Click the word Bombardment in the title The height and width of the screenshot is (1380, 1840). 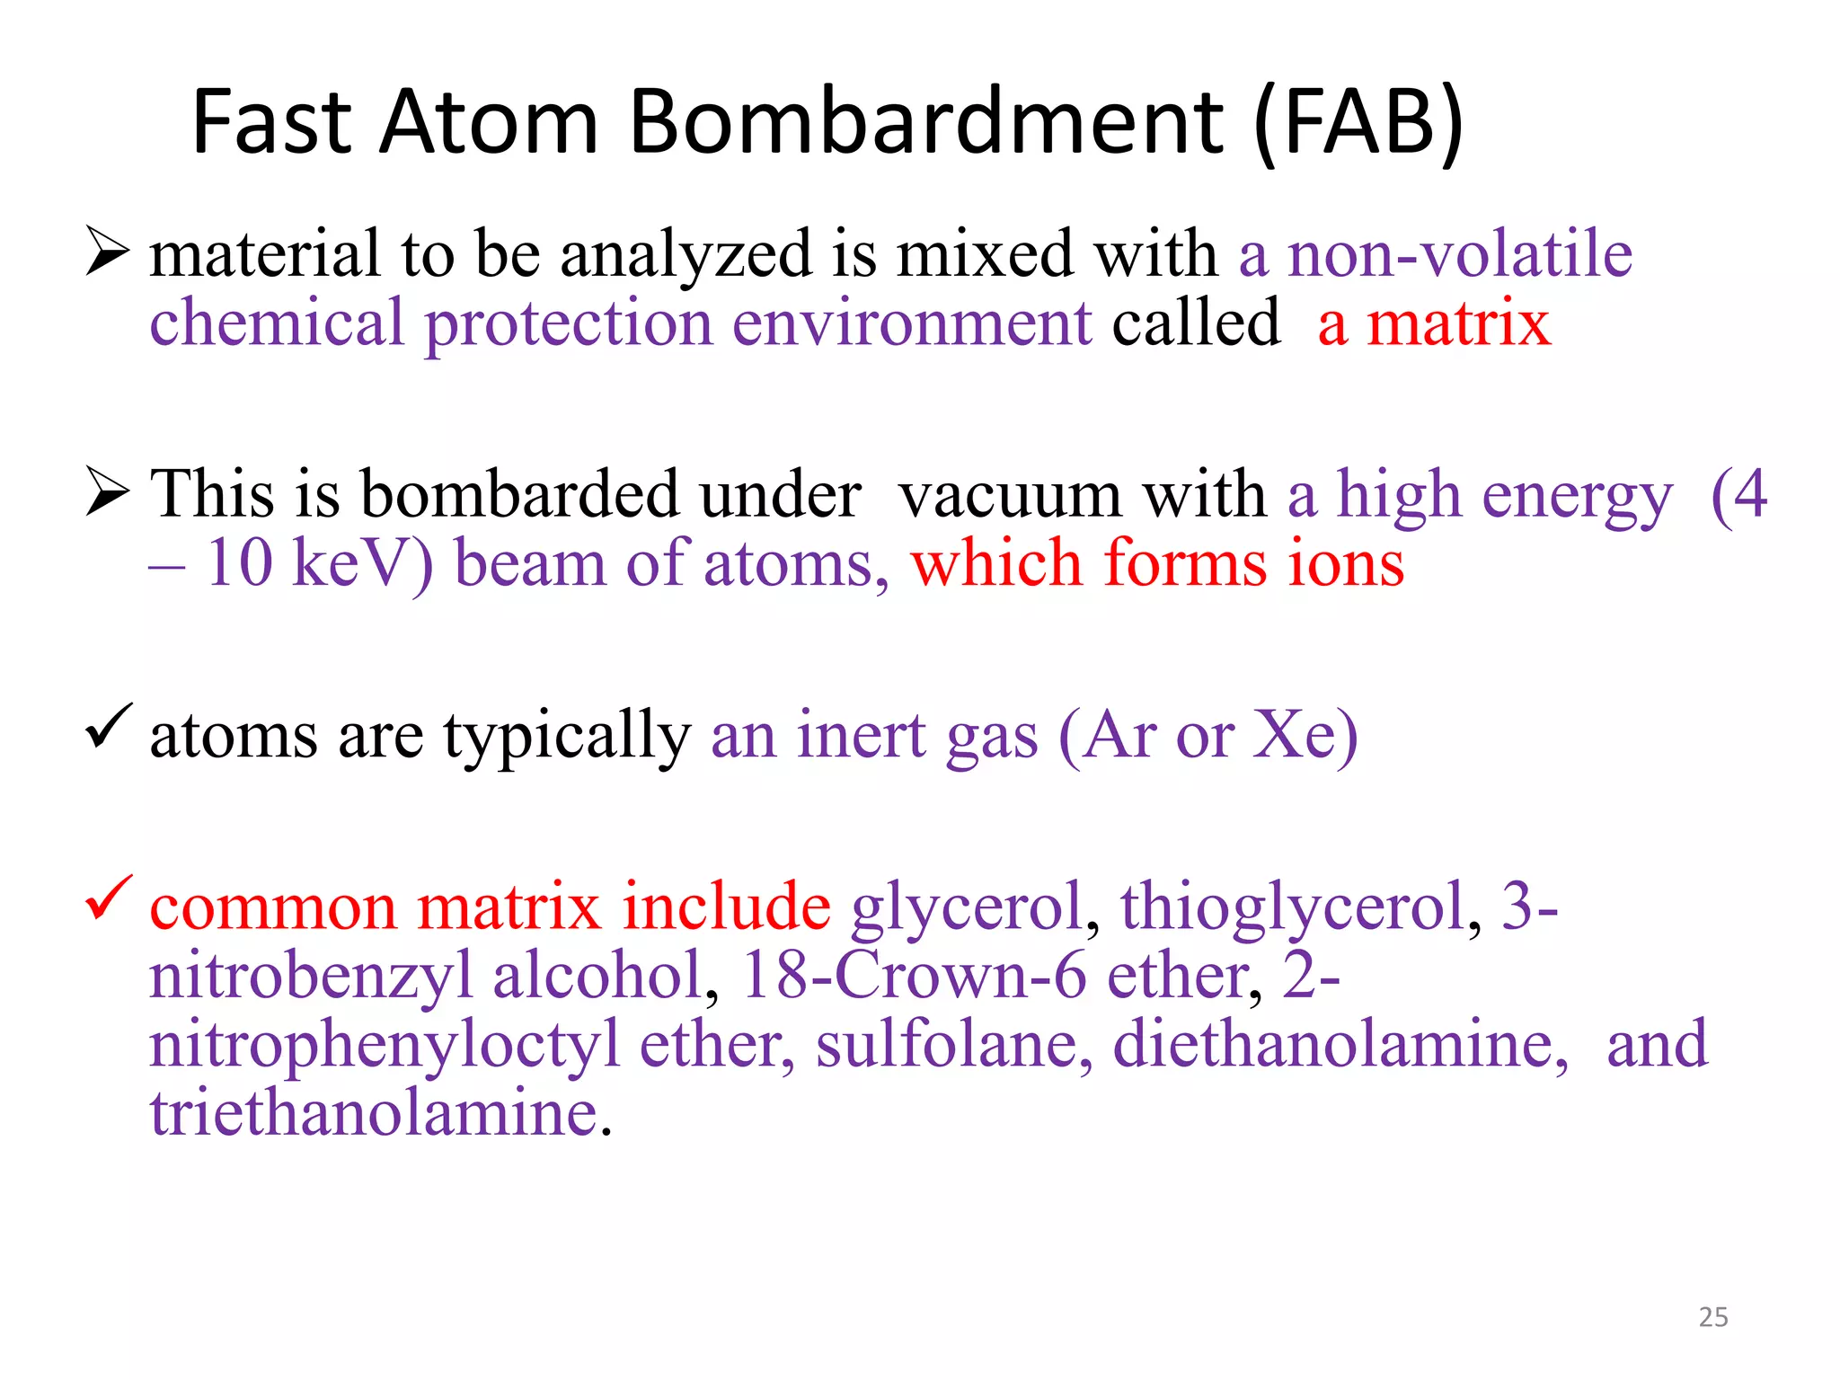925,122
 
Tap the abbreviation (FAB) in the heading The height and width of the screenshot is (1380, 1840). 1358,124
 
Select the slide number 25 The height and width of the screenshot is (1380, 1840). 1713,1317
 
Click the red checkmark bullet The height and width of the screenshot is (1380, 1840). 109,898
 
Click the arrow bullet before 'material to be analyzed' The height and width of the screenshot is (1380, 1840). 108,252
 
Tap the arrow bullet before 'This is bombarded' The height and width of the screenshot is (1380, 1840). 108,491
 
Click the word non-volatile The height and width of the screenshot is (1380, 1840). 1460,254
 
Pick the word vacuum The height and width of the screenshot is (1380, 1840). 1010,496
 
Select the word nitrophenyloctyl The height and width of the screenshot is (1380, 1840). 385,1046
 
